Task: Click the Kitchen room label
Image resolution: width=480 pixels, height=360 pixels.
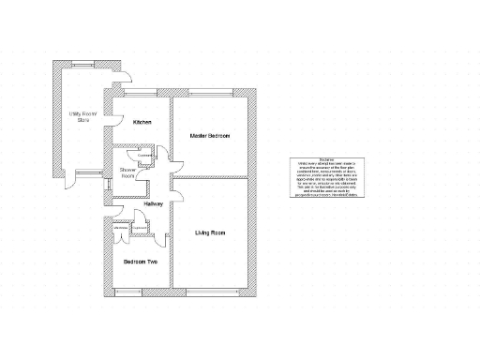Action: [x=142, y=123]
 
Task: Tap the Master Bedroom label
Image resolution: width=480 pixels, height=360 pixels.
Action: [x=210, y=136]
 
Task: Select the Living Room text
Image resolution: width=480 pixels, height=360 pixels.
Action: [x=210, y=232]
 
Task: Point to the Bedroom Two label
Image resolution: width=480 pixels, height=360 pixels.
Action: [x=141, y=262]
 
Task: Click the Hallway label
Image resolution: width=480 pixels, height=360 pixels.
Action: [x=155, y=202]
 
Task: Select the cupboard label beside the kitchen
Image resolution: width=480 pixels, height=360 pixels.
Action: [x=144, y=157]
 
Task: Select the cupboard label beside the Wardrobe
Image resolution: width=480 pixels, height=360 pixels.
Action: [x=141, y=227]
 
